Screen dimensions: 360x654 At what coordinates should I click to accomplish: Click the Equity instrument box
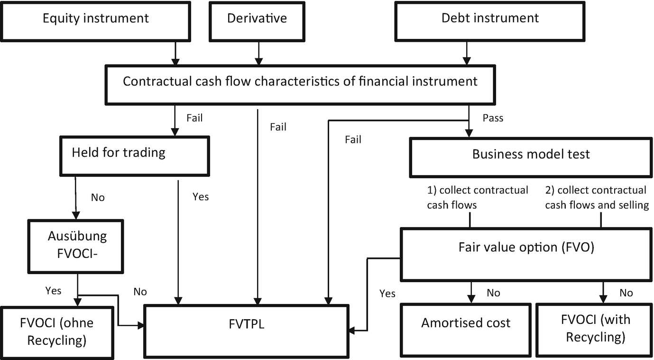click(95, 19)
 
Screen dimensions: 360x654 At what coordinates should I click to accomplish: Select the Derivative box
click(257, 19)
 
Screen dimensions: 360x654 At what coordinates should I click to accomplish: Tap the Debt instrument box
click(490, 19)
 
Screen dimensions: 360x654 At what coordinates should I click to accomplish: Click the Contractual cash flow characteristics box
click(300, 82)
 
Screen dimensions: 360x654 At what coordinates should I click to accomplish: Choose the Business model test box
click(531, 155)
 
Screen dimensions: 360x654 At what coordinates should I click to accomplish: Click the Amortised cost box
click(466, 323)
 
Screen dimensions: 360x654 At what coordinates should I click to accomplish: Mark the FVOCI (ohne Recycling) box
click(57, 331)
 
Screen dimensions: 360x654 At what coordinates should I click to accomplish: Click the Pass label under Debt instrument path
click(493, 118)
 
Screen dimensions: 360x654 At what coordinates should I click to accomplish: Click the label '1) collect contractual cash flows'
click(477, 197)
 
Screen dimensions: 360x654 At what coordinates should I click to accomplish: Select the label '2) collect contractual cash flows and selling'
click(596, 197)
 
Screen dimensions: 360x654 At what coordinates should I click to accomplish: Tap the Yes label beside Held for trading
click(201, 196)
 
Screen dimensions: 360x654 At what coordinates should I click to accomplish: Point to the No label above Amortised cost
click(493, 293)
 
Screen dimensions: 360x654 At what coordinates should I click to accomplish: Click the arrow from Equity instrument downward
click(175, 53)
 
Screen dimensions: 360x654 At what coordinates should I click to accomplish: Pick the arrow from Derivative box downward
click(258, 53)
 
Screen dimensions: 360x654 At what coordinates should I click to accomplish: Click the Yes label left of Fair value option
click(387, 294)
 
